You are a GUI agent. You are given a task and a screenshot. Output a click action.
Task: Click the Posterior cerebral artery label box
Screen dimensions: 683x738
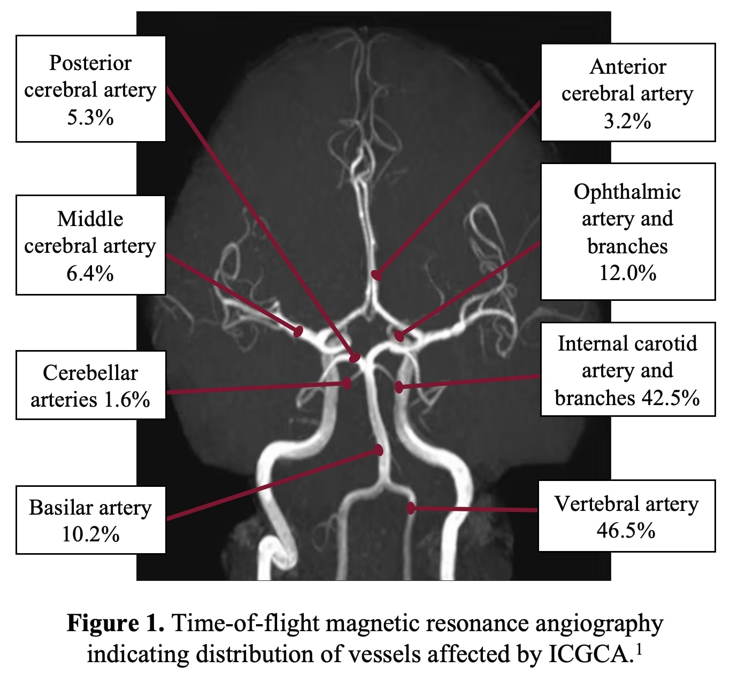tap(90, 89)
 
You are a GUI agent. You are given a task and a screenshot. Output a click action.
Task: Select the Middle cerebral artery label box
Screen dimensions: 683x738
tap(90, 245)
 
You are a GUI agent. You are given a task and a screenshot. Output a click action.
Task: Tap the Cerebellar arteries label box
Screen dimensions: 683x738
tap(90, 385)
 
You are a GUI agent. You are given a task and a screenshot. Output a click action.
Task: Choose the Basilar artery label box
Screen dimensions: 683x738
tap(90, 520)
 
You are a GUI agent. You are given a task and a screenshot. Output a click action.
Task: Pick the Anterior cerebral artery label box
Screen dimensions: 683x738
tap(628, 93)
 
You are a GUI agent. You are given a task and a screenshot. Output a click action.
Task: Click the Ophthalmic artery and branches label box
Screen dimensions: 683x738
tap(628, 232)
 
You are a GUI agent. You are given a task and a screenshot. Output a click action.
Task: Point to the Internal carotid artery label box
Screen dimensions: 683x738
tap(628, 370)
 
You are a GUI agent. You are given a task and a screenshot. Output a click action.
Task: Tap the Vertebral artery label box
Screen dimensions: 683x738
tap(626, 516)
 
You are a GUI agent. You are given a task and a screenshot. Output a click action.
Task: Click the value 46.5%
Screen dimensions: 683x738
tap(626, 531)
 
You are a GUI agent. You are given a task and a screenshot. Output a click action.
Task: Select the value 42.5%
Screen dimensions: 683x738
tap(667, 398)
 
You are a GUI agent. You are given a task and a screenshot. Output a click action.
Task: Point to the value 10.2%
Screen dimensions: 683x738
tap(90, 534)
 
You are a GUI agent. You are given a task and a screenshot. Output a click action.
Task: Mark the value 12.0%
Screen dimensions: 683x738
tap(628, 273)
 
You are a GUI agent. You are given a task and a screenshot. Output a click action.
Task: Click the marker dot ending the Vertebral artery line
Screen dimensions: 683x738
tap(411, 508)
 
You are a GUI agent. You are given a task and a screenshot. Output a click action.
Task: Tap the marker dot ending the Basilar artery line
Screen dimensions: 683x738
tap(379, 450)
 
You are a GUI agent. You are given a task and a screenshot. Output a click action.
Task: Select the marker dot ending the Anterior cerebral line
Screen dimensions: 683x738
tap(376, 275)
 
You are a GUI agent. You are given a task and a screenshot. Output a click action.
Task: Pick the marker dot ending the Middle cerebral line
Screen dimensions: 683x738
tap(298, 331)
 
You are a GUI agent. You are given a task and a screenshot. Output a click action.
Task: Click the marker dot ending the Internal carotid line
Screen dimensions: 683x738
tap(399, 386)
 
